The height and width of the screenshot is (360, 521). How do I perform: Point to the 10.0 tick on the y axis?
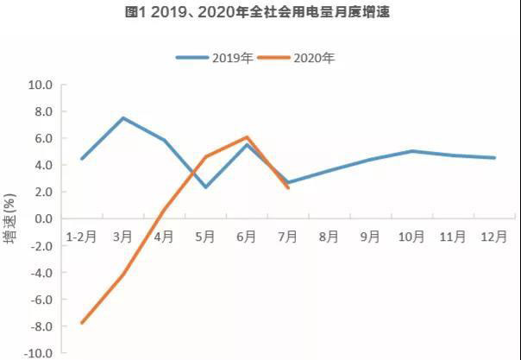pyautogui.click(x=41, y=85)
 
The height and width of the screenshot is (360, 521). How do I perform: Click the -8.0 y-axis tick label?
pyautogui.click(x=41, y=326)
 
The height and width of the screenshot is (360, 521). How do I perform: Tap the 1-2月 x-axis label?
pyautogui.click(x=81, y=235)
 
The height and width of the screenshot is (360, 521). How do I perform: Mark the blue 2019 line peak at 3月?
pyautogui.click(x=123, y=117)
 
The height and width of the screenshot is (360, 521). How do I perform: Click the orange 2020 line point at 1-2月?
pyautogui.click(x=81, y=323)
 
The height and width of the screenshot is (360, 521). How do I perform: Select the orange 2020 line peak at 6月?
pyautogui.click(x=248, y=137)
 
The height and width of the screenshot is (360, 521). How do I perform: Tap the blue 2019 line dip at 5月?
pyautogui.click(x=206, y=186)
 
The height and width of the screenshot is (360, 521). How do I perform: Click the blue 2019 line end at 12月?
pyautogui.click(x=494, y=158)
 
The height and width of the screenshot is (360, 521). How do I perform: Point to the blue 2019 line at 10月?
pyautogui.click(x=412, y=151)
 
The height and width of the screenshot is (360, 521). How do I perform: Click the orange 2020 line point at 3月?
pyautogui.click(x=123, y=275)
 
